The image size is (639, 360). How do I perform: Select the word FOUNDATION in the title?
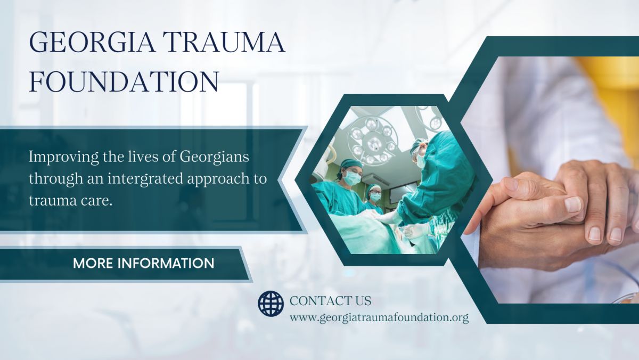pyautogui.click(x=124, y=81)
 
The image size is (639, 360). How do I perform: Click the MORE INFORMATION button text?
pyautogui.click(x=143, y=263)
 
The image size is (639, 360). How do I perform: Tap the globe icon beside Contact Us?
pyautogui.click(x=271, y=304)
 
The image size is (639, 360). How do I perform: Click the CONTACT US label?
pyautogui.click(x=330, y=301)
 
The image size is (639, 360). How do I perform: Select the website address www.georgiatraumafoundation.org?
pyautogui.click(x=379, y=318)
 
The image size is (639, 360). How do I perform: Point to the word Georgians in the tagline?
pyautogui.click(x=214, y=157)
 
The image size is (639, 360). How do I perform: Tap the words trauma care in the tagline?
pyautogui.click(x=70, y=201)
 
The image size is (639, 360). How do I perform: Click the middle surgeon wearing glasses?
pyautogui.click(x=374, y=199)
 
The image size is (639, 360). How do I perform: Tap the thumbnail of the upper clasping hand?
pyautogui.click(x=572, y=204)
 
